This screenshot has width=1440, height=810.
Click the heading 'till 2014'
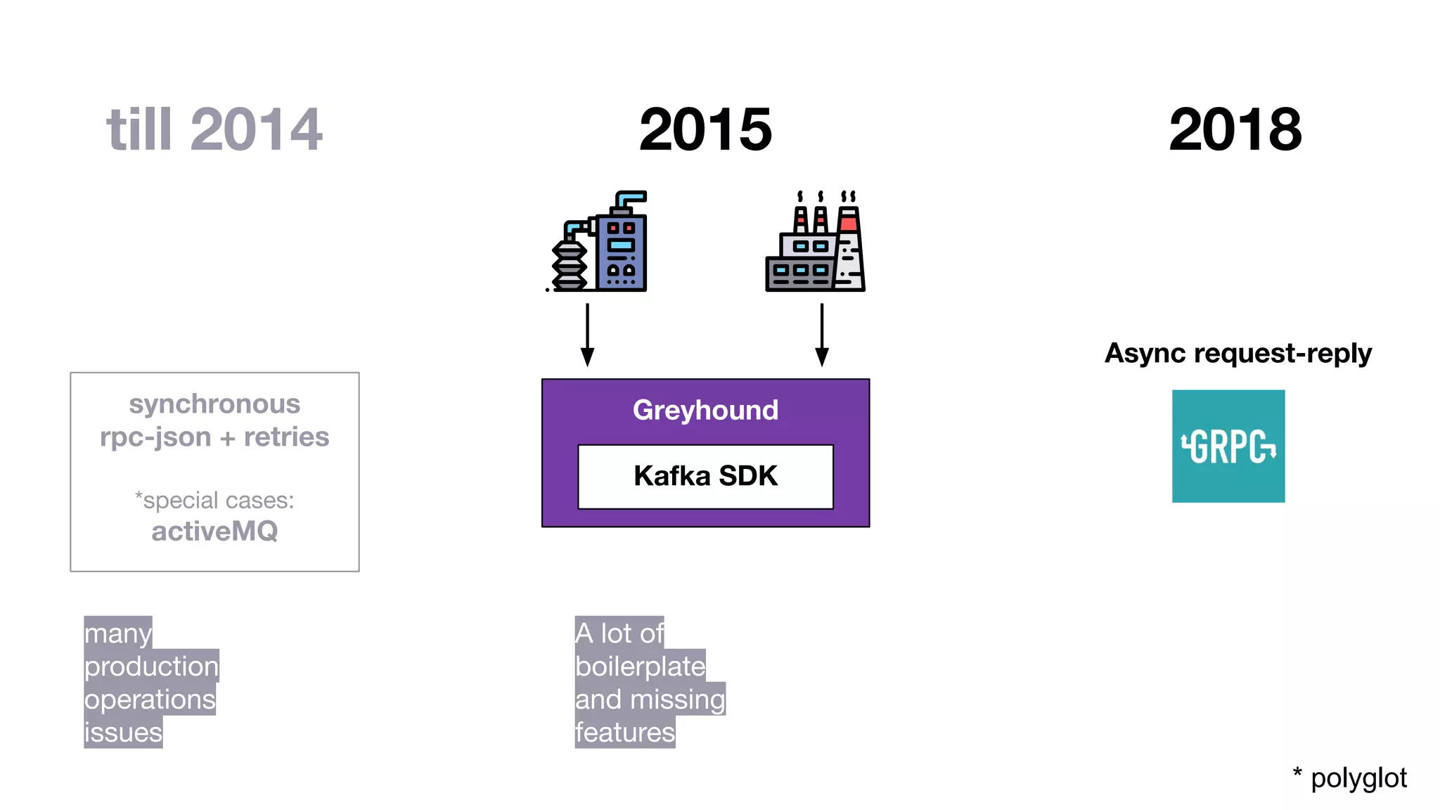(x=214, y=129)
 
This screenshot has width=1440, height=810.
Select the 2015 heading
(x=705, y=129)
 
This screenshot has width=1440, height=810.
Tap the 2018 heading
(x=1235, y=129)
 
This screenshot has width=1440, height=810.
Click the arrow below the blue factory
(x=587, y=335)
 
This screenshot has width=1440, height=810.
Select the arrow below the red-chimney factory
(x=821, y=335)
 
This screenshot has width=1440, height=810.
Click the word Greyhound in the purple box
(x=705, y=410)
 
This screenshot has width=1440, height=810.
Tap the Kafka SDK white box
(x=705, y=476)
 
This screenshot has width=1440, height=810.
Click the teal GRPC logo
(x=1228, y=446)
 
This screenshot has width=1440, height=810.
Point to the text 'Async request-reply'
(x=1237, y=353)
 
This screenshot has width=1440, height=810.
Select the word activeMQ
(x=214, y=531)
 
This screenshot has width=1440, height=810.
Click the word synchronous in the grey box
(x=214, y=404)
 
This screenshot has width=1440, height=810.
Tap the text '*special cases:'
(x=214, y=500)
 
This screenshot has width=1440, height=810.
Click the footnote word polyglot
(x=1358, y=778)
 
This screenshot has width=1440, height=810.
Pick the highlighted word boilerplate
(x=640, y=666)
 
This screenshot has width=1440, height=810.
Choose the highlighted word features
(x=624, y=732)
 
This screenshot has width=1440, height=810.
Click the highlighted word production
(x=151, y=666)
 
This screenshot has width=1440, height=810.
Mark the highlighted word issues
(x=123, y=732)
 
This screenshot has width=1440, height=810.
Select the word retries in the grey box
(x=286, y=437)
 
